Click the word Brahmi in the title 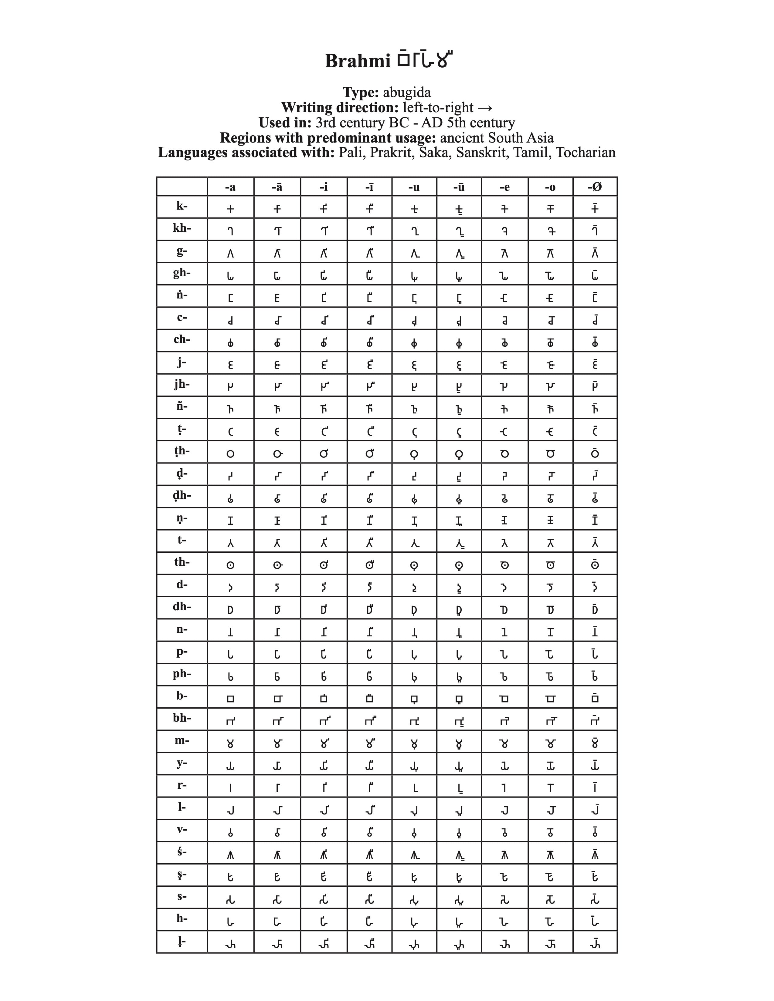357,61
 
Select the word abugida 407,93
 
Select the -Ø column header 595,187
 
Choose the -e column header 504,187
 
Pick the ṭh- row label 182,451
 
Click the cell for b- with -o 550,699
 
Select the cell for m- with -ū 459,744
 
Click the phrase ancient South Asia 497,138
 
